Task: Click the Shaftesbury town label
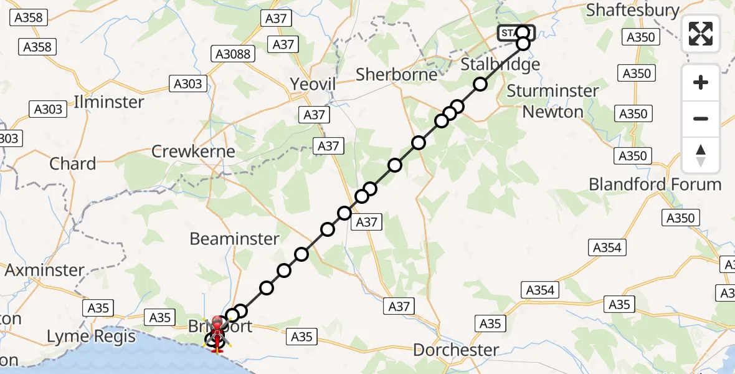[632, 10]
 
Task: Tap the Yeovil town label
[313, 84]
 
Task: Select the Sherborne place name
[396, 75]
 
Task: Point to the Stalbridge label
[500, 64]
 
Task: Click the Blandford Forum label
[655, 185]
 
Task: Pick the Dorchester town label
[457, 350]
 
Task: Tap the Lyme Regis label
[92, 337]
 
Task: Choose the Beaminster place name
[234, 239]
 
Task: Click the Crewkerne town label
[194, 151]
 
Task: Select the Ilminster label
[109, 102]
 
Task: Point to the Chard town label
[73, 164]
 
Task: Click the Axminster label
[44, 270]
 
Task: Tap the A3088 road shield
[233, 54]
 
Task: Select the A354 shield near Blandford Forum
[607, 247]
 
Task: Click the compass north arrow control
[701, 155]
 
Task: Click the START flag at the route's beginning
[516, 32]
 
